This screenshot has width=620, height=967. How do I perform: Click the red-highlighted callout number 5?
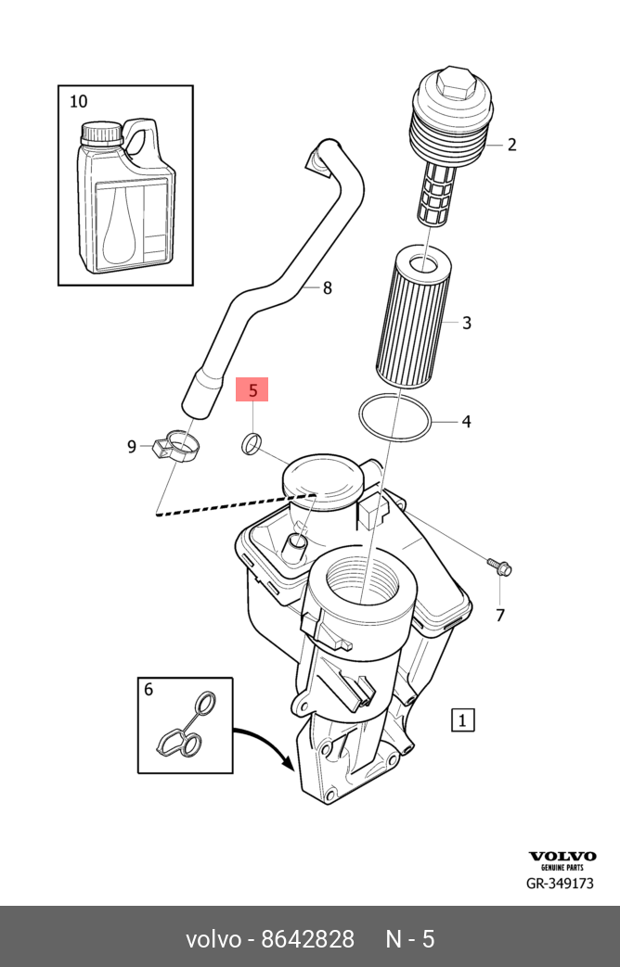pyautogui.click(x=252, y=389)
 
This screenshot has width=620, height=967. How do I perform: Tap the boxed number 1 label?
pyautogui.click(x=462, y=719)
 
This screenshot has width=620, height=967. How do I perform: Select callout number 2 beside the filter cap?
pyautogui.click(x=511, y=145)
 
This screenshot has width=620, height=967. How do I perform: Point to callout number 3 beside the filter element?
pyautogui.click(x=467, y=323)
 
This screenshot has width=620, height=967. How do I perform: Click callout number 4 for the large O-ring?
pyautogui.click(x=466, y=422)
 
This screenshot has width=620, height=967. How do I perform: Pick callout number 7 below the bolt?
pyautogui.click(x=499, y=615)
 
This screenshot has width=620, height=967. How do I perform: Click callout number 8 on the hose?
pyautogui.click(x=327, y=288)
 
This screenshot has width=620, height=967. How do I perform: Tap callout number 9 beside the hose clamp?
pyautogui.click(x=132, y=447)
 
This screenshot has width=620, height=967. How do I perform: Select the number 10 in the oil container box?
pyautogui.click(x=79, y=101)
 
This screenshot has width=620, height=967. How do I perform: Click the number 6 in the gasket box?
pyautogui.click(x=149, y=689)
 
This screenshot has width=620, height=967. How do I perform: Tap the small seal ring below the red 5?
pyautogui.click(x=252, y=445)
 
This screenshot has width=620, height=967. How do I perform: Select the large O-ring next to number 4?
pyautogui.click(x=394, y=420)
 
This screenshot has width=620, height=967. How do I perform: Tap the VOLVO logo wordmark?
pyautogui.click(x=562, y=857)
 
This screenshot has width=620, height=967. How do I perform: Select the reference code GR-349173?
pyautogui.click(x=560, y=884)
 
